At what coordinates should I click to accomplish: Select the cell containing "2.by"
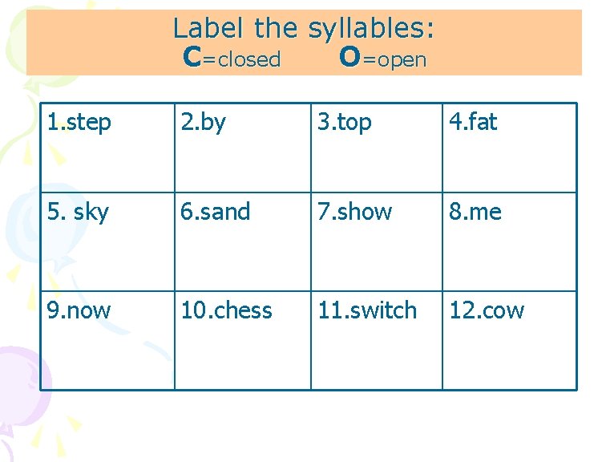pyautogui.click(x=242, y=148)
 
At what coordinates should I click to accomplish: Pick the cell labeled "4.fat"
pyautogui.click(x=508, y=148)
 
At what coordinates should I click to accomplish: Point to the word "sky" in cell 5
pyautogui.click(x=91, y=213)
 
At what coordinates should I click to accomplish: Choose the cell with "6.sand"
pyautogui.click(x=242, y=241)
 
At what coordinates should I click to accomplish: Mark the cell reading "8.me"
pyautogui.click(x=508, y=241)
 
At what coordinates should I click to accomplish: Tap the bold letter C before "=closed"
pyautogui.click(x=192, y=58)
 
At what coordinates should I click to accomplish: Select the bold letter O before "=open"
pyautogui.click(x=349, y=58)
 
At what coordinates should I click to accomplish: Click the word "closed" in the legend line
pyautogui.click(x=248, y=59)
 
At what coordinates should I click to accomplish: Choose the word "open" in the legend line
pyautogui.click(x=402, y=60)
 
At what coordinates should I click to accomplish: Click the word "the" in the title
pyautogui.click(x=277, y=29)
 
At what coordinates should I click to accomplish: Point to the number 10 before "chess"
pyautogui.click(x=192, y=310)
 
